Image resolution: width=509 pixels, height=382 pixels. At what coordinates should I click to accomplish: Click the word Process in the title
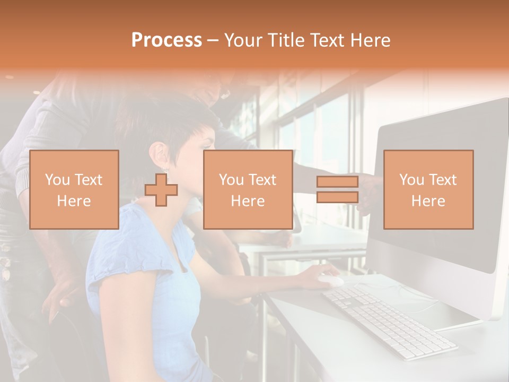166,40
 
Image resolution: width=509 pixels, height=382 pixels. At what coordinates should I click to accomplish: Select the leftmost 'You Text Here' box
74,189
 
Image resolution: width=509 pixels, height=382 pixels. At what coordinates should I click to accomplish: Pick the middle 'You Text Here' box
248,189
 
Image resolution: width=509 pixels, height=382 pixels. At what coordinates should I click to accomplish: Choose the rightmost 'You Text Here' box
428,189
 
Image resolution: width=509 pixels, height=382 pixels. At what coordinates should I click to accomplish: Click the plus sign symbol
161,190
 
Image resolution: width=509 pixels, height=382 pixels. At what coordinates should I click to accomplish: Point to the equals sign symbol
337,189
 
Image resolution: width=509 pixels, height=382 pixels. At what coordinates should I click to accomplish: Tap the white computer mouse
330,281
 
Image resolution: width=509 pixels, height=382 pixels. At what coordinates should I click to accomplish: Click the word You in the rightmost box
411,180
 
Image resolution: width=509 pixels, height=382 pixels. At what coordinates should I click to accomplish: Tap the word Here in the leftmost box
74,201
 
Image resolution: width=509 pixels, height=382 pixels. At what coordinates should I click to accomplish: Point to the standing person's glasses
225,94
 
